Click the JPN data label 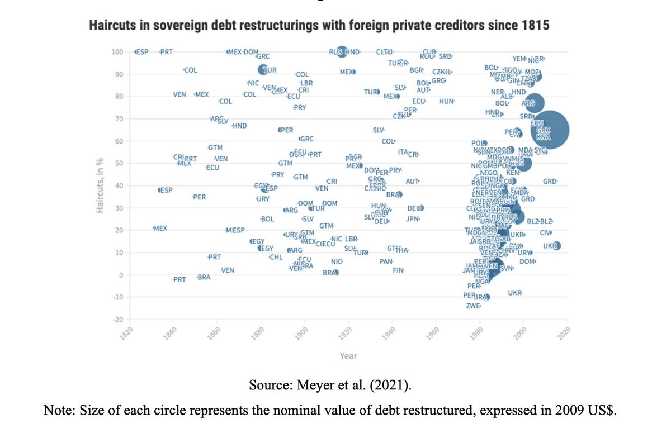(413, 218)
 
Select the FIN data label (398, 270)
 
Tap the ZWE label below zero (473, 306)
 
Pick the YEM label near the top (519, 59)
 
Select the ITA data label (403, 152)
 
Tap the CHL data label (276, 257)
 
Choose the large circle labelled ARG (534, 103)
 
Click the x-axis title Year (348, 356)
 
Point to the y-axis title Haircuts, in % (100, 186)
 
